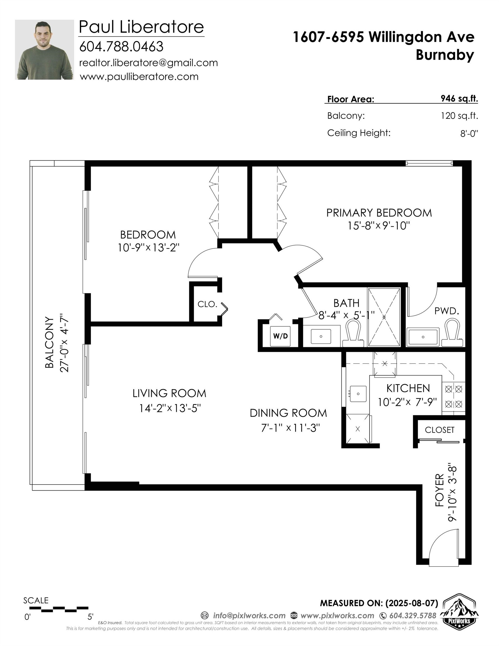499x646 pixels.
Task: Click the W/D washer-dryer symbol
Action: [x=280, y=336]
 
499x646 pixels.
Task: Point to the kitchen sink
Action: [x=358, y=394]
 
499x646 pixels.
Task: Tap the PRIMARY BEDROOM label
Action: [x=379, y=213]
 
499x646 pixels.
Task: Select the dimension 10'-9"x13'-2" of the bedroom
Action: [x=149, y=248]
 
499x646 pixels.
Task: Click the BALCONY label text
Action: [x=49, y=342]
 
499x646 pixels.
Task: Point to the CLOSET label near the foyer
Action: [x=439, y=430]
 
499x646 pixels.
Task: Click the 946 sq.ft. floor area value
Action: [x=459, y=98]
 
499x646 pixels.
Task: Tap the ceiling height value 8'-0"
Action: [x=469, y=134]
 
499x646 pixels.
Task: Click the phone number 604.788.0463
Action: [x=121, y=47]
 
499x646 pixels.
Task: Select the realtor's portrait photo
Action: [x=44, y=50]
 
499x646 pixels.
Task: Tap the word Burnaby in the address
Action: [x=445, y=55]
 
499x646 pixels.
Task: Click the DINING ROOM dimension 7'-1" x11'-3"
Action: [x=290, y=428]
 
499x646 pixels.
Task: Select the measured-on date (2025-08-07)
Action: [x=411, y=603]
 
